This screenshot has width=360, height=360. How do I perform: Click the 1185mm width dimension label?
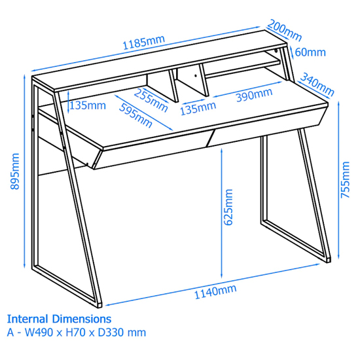pos(144,43)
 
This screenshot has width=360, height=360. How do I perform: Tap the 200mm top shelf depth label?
pos(285,30)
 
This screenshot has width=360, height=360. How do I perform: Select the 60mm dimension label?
pos(310,52)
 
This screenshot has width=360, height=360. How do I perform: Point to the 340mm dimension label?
pos(317,84)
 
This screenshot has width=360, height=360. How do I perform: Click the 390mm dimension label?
pos(255,95)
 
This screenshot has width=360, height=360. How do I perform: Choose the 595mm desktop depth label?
pos(135,115)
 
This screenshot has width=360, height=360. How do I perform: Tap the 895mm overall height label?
pos(15,171)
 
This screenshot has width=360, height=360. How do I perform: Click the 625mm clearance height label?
pos(228,207)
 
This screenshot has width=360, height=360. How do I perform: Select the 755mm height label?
pos(345,180)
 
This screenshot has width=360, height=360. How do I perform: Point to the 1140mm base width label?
pos(215,291)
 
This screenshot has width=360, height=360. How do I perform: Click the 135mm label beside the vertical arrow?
pos(88,105)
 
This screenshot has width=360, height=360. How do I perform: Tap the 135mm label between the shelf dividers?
pos(198,108)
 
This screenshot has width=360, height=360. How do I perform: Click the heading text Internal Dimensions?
pos(59,319)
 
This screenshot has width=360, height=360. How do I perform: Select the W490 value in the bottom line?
pos(39,333)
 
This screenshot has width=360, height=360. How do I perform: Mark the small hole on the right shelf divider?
pos(196,75)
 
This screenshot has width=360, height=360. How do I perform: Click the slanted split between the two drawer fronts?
pos(211,137)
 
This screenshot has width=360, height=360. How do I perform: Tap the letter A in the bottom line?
pos(10,333)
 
